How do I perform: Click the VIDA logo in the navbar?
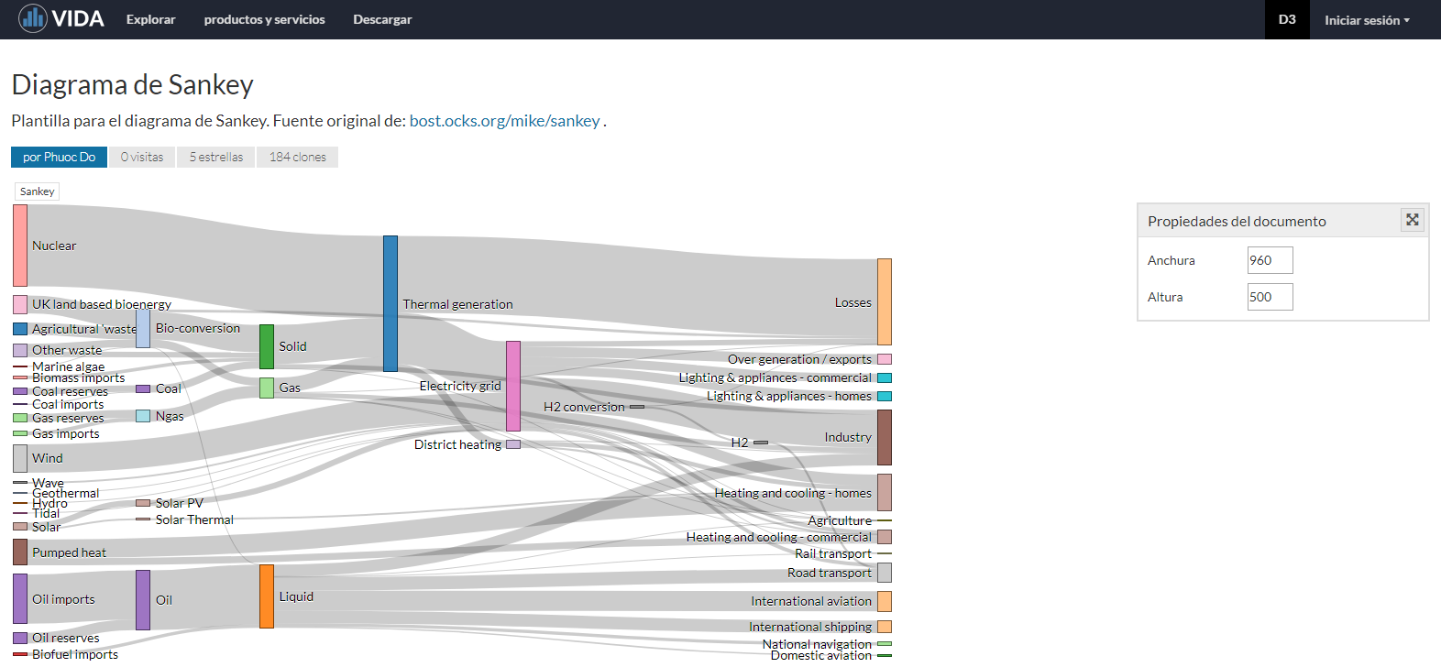61,18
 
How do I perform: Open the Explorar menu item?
150,19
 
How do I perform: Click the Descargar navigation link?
382,19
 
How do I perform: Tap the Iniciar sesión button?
1366,20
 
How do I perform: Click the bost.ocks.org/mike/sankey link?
504,121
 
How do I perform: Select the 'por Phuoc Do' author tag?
59,157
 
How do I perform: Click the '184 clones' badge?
297,157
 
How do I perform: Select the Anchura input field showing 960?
1270,260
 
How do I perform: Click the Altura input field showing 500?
1270,297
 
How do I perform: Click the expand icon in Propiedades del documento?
1412,220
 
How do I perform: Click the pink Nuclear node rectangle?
20,246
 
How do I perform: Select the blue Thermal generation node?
390,303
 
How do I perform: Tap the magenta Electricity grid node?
513,386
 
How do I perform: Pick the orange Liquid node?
267,596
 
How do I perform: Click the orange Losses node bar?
885,301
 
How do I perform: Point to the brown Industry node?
885,437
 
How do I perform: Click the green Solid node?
267,346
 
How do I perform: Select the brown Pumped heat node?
20,552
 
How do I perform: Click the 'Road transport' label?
830,573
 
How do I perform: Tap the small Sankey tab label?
37,191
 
